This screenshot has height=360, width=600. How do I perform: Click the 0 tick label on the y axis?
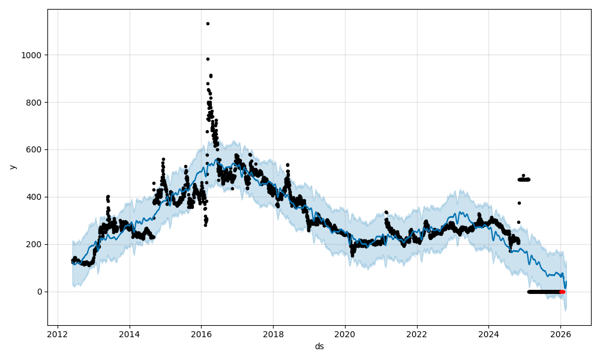(40, 292)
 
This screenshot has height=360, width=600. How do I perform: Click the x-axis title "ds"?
(319, 346)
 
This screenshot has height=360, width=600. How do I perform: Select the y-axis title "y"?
(11, 167)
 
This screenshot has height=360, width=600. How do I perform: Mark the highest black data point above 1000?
(208, 23)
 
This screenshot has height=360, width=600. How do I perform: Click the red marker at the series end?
(562, 292)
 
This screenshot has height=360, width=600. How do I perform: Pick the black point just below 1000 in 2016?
(208, 59)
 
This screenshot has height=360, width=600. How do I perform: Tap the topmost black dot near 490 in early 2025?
(523, 175)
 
